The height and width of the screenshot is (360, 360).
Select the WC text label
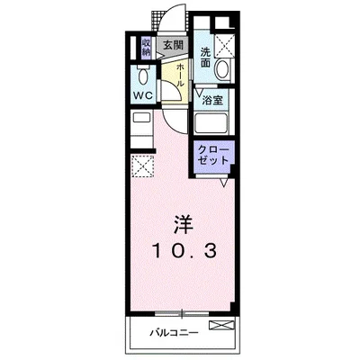[143, 94]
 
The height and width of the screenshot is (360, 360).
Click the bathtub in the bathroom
[212, 125]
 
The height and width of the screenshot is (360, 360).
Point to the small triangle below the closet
[225, 184]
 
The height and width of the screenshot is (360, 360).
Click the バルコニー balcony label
[173, 334]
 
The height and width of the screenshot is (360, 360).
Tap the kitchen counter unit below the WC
[143, 125]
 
